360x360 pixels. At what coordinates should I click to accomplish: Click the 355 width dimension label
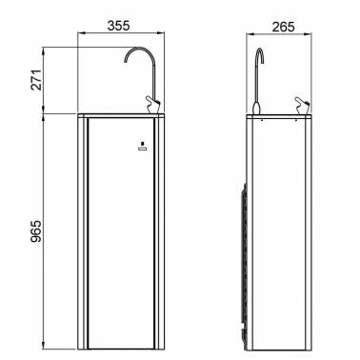point(118,26)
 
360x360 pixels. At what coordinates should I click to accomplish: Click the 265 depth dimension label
point(283,27)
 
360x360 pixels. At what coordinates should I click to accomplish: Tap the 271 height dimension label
point(36,80)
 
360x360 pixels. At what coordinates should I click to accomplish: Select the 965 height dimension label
point(36,231)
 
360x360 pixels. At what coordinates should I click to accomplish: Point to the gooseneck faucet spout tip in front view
point(126,61)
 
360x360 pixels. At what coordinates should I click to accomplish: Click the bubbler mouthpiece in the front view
point(153,104)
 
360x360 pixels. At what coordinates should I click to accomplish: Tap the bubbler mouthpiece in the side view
point(302,104)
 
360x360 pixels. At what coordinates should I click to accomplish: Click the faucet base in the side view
point(256,108)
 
